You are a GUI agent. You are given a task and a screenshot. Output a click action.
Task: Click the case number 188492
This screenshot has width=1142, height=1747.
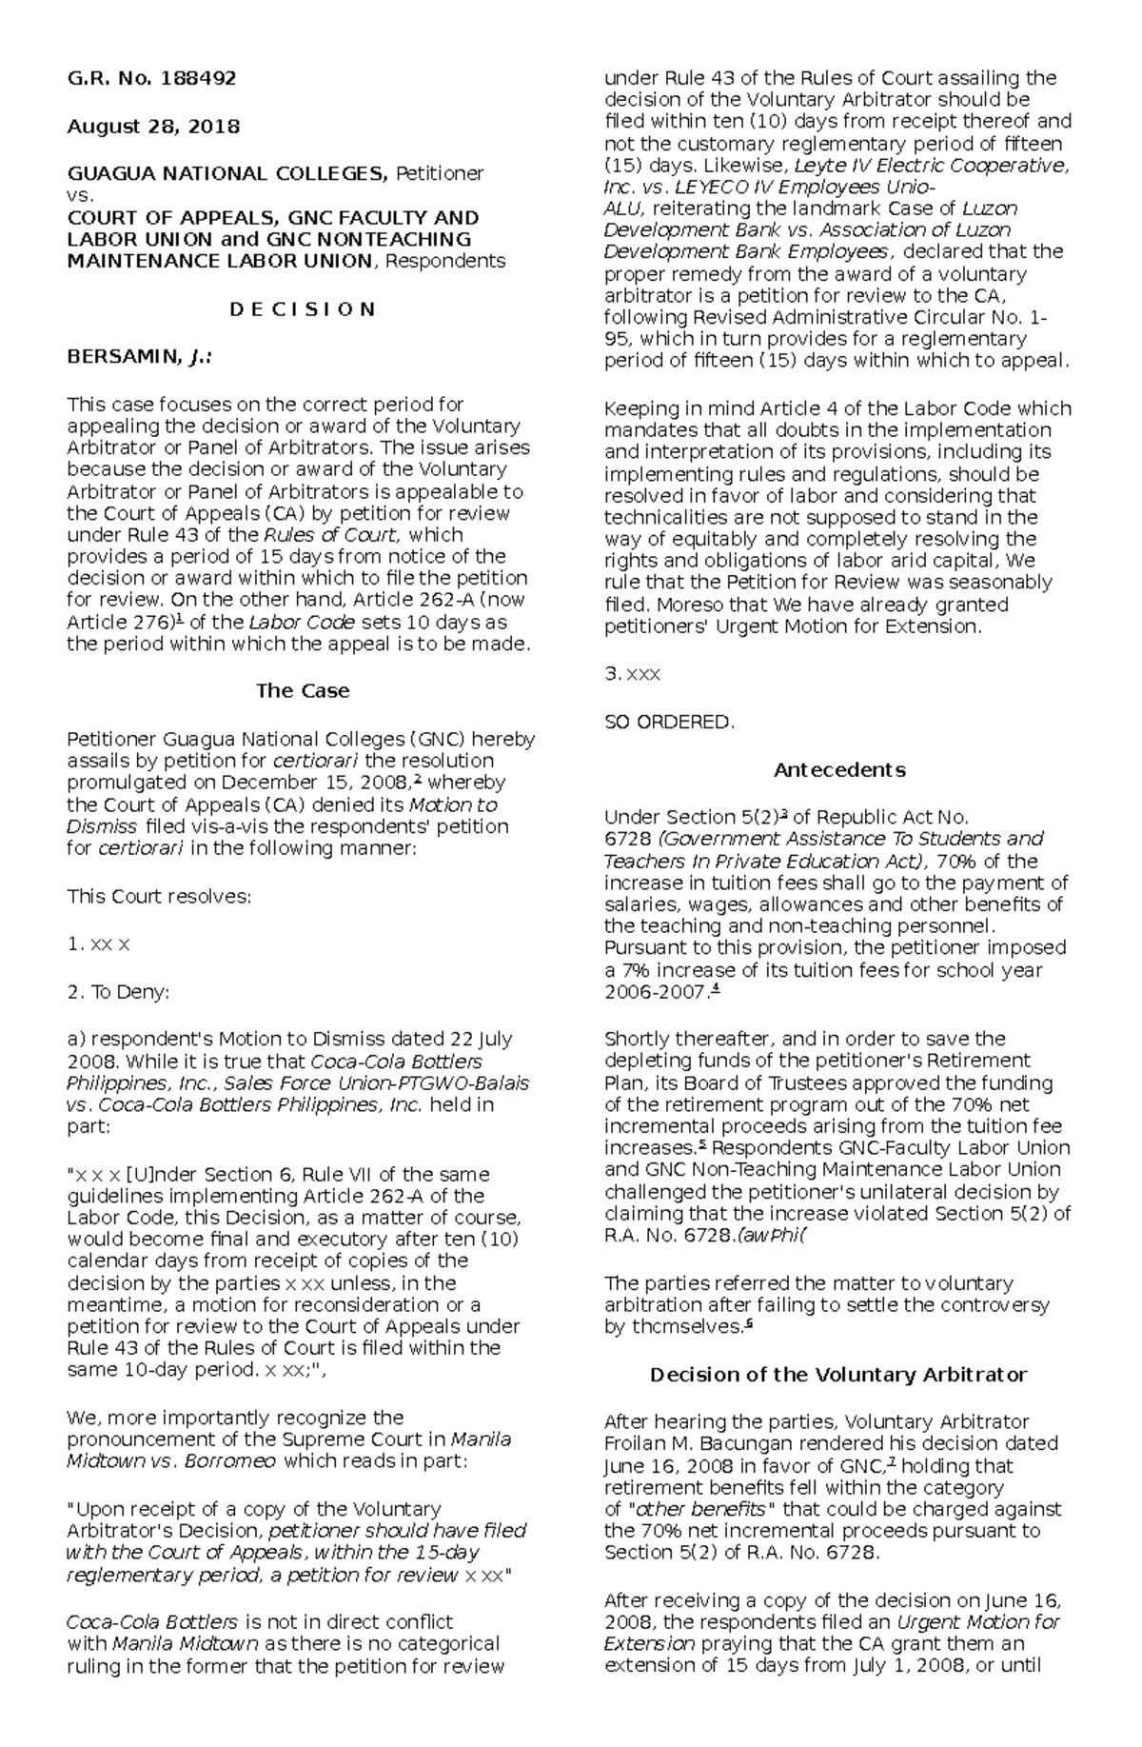(200, 78)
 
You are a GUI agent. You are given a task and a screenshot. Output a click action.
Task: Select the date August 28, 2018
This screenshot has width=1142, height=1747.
(152, 127)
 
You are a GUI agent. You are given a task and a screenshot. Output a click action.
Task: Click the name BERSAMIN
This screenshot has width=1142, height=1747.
(121, 357)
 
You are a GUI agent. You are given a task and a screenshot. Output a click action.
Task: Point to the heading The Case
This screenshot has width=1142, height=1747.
(302, 691)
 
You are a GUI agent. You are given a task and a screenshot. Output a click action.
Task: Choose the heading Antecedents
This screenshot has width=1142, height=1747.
(838, 769)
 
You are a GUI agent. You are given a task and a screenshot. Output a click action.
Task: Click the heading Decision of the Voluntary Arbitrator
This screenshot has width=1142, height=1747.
(838, 1375)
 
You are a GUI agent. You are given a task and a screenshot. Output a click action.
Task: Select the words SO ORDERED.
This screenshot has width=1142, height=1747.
(669, 722)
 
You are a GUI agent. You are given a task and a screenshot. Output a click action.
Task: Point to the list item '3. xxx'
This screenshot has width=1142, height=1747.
(632, 674)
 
